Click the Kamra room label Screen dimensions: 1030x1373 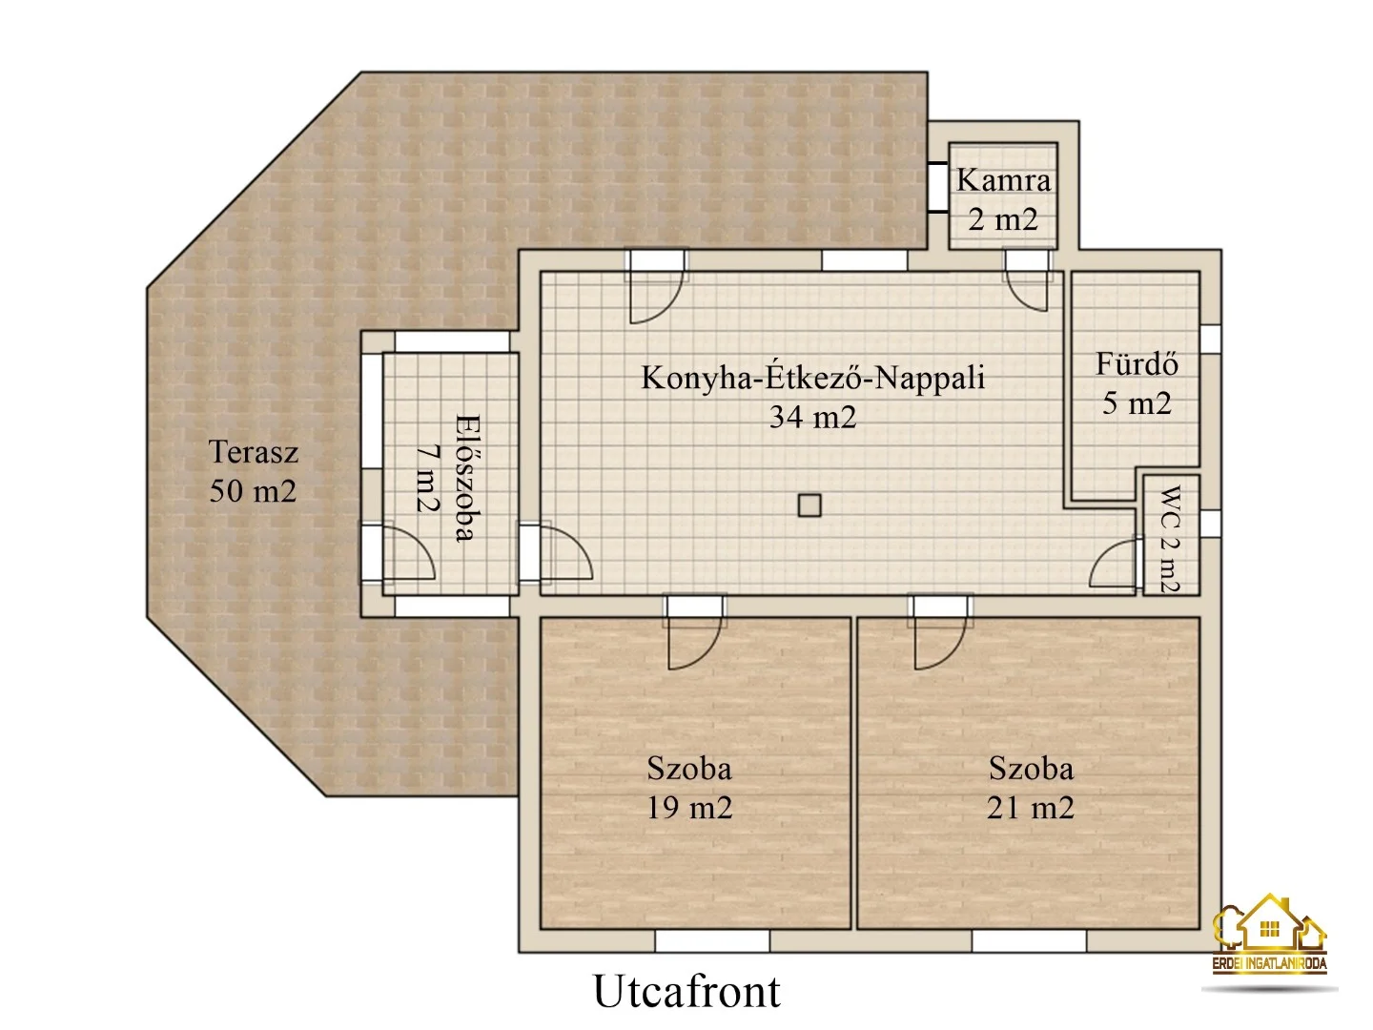point(1003,180)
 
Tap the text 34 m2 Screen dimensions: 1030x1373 point(812,417)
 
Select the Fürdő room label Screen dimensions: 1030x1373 point(1137,364)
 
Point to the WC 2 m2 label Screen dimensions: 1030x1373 point(1170,539)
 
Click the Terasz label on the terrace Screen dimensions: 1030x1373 point(254,452)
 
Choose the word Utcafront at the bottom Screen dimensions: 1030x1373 point(686,991)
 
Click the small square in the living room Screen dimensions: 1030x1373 point(809,505)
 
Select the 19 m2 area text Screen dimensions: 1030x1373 point(689,808)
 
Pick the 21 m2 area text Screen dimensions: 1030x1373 point(1030,808)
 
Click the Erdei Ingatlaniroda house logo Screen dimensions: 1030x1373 point(1269,935)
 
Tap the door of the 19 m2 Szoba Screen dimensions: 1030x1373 point(694,634)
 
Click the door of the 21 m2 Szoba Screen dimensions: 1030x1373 point(939,634)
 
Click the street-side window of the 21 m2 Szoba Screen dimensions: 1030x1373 point(1029,941)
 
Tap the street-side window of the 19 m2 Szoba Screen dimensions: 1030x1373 point(711,941)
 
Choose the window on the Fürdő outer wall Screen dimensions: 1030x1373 point(1210,339)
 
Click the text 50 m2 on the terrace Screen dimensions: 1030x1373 point(254,491)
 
